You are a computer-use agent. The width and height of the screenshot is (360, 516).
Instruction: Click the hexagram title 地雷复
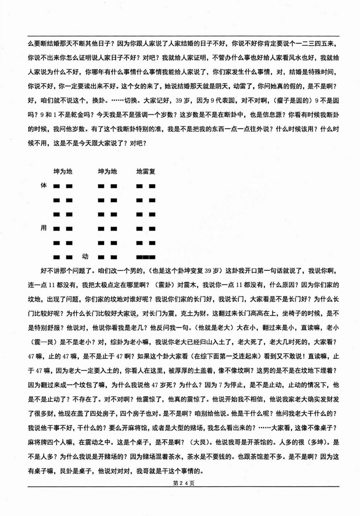146,172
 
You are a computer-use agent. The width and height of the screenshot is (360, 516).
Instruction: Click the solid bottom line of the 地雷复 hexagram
146,258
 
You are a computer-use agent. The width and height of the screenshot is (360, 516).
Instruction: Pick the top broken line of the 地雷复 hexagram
146,186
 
